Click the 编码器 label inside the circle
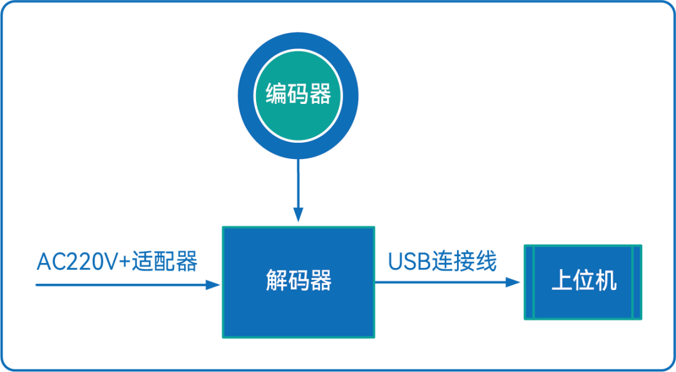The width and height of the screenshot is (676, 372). click(299, 95)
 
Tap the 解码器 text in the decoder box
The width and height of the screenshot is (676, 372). click(299, 281)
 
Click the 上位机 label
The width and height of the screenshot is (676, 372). click(583, 281)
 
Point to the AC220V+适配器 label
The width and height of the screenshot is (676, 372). click(117, 262)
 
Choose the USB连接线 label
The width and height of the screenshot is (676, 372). click(442, 261)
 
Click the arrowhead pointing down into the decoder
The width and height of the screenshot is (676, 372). click(299, 215)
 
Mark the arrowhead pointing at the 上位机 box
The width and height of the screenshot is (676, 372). click(514, 282)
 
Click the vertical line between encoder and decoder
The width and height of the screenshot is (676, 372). click(299, 182)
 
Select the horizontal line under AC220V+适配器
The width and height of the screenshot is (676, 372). click(119, 285)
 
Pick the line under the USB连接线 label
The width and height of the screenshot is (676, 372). click(438, 282)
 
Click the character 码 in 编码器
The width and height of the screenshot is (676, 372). click(299, 95)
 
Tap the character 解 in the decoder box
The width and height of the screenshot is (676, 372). click(277, 281)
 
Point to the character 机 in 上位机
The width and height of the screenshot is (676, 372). click(605, 281)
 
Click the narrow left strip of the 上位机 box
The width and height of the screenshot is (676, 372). click(529, 282)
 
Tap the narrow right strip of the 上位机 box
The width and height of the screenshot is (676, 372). click(637, 282)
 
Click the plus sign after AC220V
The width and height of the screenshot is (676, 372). click(124, 262)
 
